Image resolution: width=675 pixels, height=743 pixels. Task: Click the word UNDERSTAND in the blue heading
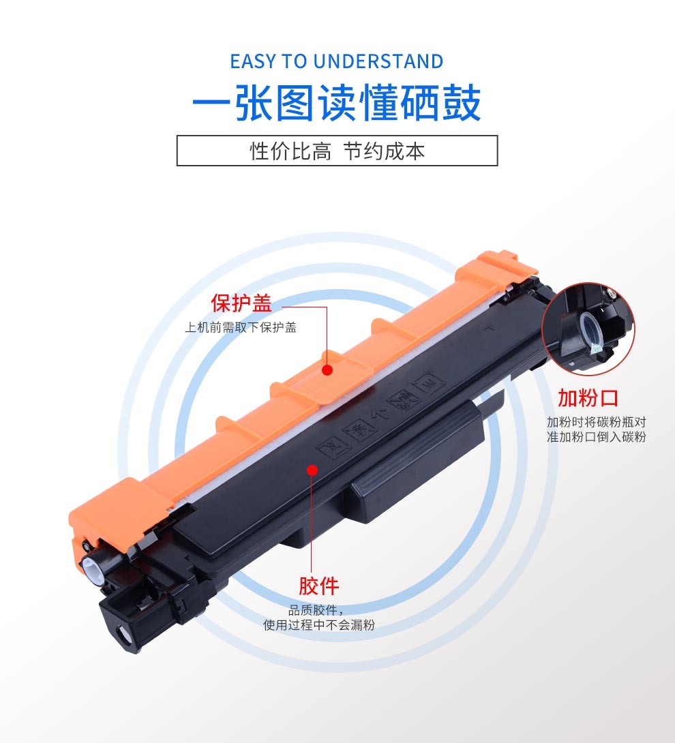378,61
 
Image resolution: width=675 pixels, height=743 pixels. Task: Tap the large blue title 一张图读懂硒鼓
337,103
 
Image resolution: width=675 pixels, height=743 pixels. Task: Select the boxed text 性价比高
290,151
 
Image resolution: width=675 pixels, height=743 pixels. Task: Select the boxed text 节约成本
384,151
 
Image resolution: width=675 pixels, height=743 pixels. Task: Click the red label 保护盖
241,303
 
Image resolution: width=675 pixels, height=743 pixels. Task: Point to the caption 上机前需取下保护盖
240,327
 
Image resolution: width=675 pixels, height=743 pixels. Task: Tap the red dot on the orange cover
327,369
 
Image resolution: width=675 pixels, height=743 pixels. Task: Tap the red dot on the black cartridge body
312,470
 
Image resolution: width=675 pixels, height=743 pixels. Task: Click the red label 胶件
318,586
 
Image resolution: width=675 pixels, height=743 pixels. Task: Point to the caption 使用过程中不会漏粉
319,625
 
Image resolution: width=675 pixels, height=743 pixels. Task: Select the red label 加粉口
588,398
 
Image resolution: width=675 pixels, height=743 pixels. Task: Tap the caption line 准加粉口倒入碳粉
597,436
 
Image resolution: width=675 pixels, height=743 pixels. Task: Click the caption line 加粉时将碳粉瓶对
597,422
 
